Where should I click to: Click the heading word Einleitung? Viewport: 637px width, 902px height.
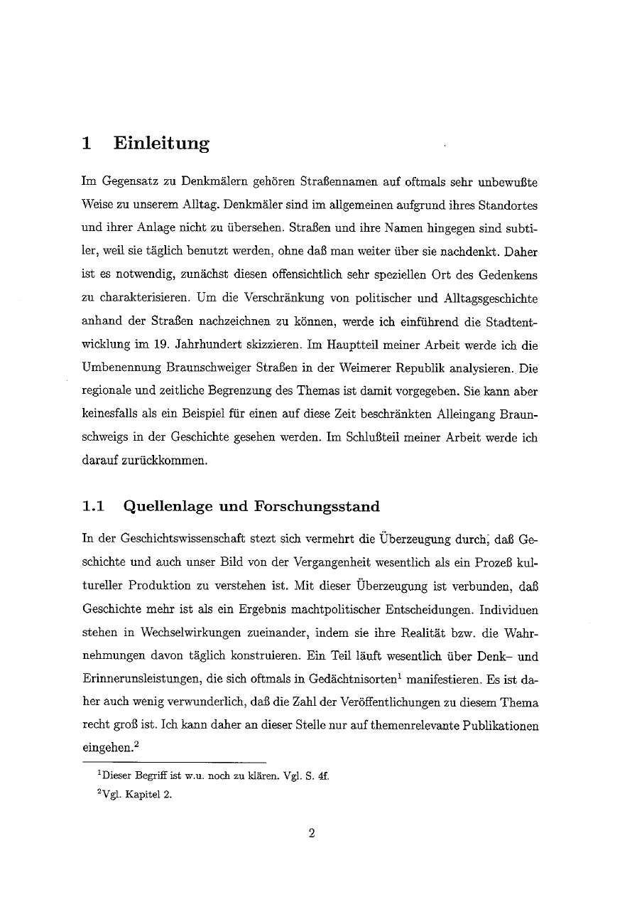[161, 143]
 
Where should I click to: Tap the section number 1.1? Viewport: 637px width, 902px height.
[94, 507]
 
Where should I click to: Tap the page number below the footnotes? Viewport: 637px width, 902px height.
[311, 834]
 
